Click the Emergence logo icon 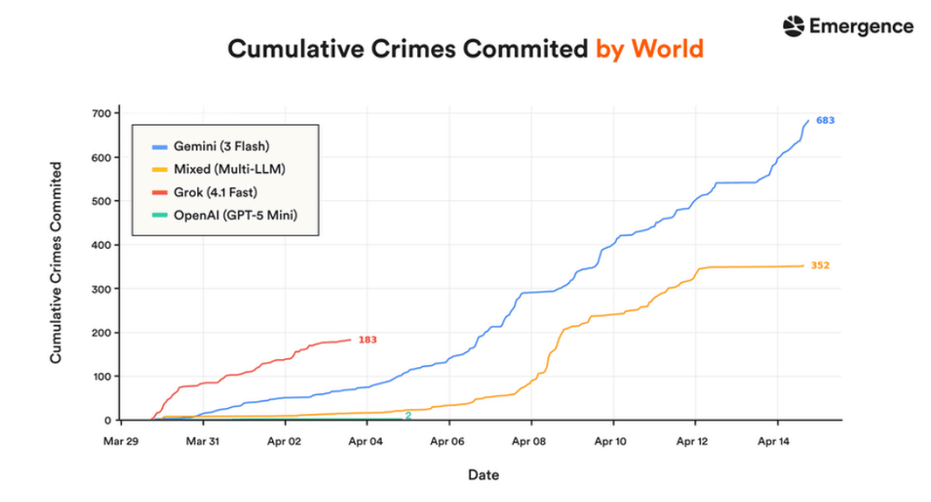click(793, 26)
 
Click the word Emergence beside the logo click(861, 26)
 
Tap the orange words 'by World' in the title click(650, 48)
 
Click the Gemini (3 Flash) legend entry click(210, 146)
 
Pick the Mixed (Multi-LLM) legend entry click(219, 170)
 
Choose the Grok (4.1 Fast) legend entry click(205, 193)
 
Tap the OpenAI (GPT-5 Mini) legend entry click(224, 215)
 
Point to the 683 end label click(825, 120)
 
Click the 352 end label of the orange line click(820, 265)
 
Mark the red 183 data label click(368, 340)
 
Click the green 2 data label click(409, 416)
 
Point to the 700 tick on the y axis click(101, 114)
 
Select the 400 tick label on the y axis click(101, 245)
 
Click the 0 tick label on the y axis click(107, 421)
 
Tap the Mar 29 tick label click(120, 441)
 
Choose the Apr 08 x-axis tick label click(529, 441)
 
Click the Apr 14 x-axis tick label click(774, 441)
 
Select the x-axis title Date click(483, 475)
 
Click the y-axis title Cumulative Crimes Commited click(56, 263)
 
